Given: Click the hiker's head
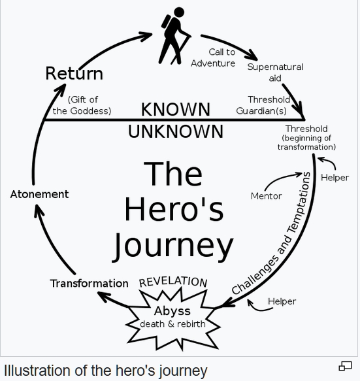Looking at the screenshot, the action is coord(179,12).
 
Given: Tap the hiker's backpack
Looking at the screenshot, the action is coord(166,22).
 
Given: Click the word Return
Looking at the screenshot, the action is coord(74,73).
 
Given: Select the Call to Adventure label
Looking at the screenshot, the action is coord(213,58).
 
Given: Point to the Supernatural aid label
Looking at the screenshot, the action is coord(275,73).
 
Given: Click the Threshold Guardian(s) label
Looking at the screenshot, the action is coord(263,105).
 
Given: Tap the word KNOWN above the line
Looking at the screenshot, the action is coord(176,109).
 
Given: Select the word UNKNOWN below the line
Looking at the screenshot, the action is coord(176,131).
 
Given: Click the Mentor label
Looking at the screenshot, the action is coord(266,196).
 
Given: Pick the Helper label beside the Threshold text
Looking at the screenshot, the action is coord(335,178).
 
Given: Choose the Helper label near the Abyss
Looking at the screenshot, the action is coord(282,301).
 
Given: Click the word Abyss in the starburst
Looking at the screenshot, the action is coord(172,311).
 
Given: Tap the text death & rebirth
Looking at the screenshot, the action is coord(172,324).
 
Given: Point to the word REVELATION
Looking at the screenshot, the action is coord(173,282).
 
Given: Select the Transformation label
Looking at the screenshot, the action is coord(89,284).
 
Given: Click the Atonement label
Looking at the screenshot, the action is coord(39,194).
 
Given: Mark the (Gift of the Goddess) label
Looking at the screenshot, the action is coord(82,105).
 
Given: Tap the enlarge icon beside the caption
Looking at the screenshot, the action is coord(345,366).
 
